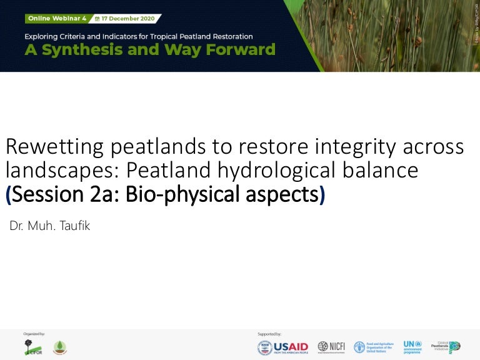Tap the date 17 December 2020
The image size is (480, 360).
pyautogui.click(x=131, y=19)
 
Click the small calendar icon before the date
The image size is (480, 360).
pyautogui.click(x=97, y=19)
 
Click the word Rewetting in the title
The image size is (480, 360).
pyautogui.click(x=54, y=147)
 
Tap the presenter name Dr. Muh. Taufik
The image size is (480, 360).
pyautogui.click(x=50, y=226)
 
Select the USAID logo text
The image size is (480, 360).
pyautogui.click(x=291, y=347)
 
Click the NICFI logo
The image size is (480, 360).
pyautogui.click(x=331, y=346)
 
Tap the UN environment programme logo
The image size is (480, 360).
pyautogui.click(x=412, y=347)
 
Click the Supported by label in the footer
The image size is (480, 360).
pyautogui.click(x=269, y=334)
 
